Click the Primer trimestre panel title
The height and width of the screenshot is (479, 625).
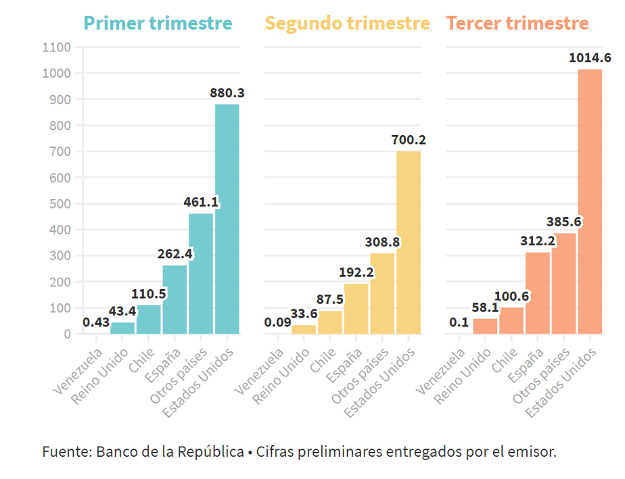click(x=158, y=24)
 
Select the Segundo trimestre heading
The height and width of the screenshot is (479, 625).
click(x=347, y=24)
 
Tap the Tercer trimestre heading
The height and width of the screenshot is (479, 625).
click(x=517, y=24)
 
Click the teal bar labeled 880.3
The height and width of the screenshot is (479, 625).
click(x=227, y=220)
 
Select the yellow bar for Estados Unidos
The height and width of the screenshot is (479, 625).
click(x=408, y=243)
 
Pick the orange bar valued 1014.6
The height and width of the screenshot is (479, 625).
click(x=590, y=203)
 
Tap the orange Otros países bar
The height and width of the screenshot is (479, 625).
click(x=563, y=284)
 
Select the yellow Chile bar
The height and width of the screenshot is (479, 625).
click(x=330, y=322)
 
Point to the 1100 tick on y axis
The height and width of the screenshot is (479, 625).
click(x=57, y=47)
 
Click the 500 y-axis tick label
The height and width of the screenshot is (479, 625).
click(x=60, y=203)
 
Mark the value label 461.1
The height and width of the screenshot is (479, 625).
click(x=201, y=202)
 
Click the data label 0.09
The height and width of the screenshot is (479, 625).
click(x=277, y=322)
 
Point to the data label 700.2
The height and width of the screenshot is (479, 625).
click(x=408, y=140)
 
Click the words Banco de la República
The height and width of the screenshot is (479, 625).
click(x=169, y=451)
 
